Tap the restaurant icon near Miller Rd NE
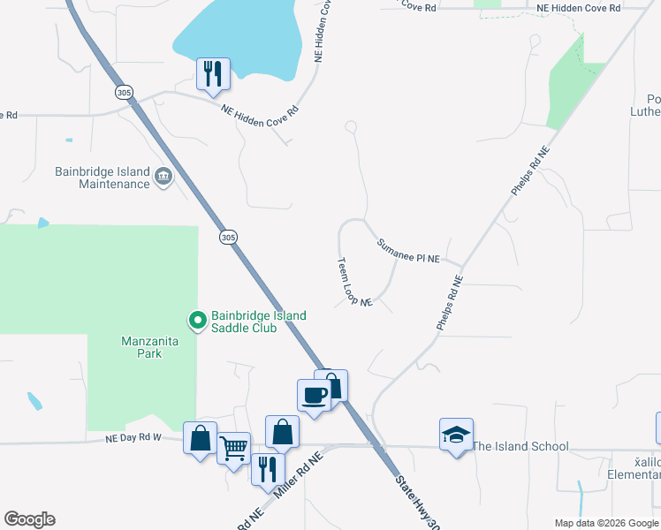[x=268, y=468]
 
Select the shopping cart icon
[x=233, y=448]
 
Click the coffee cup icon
[x=314, y=394]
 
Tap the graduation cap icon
[x=456, y=435]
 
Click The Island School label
[x=520, y=446]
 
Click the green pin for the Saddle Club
[x=198, y=319]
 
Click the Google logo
[x=29, y=519]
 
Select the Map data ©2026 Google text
[x=606, y=523]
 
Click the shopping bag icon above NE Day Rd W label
[x=200, y=437]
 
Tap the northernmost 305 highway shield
[x=123, y=92]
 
